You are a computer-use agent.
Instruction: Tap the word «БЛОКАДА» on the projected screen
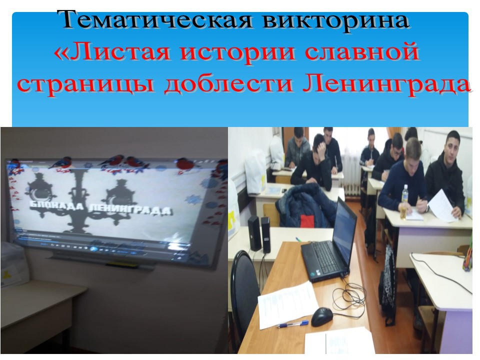click(58, 205)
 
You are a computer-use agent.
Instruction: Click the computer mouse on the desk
click(322, 316)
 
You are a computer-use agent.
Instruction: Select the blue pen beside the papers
click(293, 324)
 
